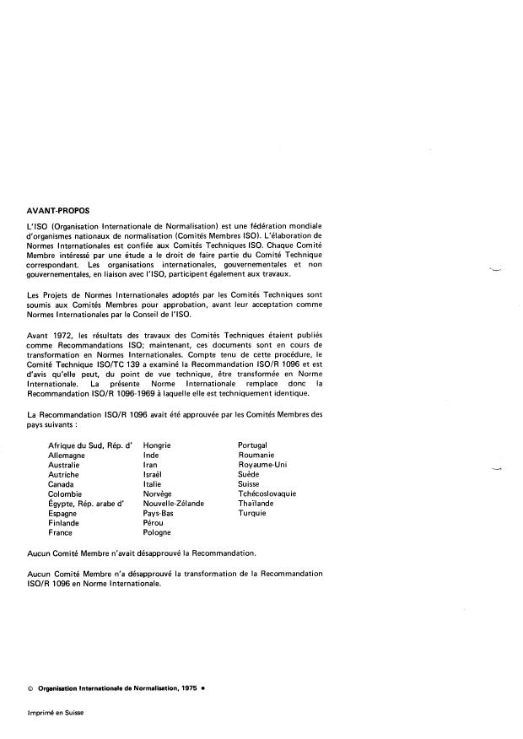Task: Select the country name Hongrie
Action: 159,445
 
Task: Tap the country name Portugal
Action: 254,445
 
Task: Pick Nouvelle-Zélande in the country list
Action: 174,504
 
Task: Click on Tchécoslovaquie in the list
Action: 267,494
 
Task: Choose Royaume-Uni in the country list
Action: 263,464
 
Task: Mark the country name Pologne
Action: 158,533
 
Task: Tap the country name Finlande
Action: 64,523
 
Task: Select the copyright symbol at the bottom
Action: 30,688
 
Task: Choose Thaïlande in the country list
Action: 258,504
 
